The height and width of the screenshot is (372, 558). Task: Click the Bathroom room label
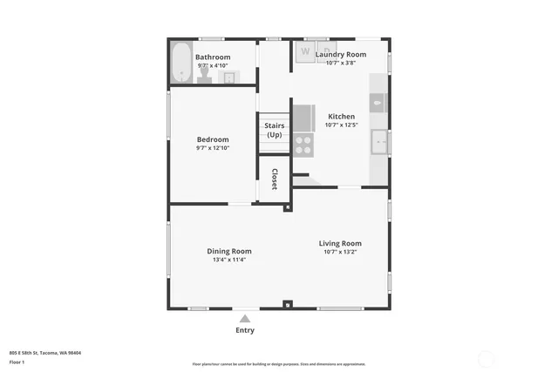[213, 57]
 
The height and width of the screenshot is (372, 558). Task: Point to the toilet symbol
[205, 78]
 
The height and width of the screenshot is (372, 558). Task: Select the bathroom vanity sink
[229, 78]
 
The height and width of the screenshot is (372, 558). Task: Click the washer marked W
[305, 51]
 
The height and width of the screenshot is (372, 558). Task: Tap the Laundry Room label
[341, 54]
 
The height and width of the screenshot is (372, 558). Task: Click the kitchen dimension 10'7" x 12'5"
[341, 125]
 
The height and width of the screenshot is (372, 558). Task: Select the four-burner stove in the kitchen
[303, 145]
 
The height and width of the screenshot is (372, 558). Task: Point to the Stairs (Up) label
[275, 131]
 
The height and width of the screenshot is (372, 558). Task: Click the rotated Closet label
[275, 179]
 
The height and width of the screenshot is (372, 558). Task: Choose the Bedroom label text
[213, 139]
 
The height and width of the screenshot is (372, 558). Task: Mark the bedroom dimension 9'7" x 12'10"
[213, 148]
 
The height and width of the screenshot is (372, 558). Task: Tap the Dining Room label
[229, 251]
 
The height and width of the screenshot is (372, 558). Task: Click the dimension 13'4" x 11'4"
[229, 260]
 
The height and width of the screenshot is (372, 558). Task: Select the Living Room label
[340, 243]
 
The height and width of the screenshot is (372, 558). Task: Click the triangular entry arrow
[245, 319]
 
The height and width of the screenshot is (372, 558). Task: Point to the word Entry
[245, 330]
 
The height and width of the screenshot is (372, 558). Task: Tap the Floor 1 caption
[17, 362]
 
